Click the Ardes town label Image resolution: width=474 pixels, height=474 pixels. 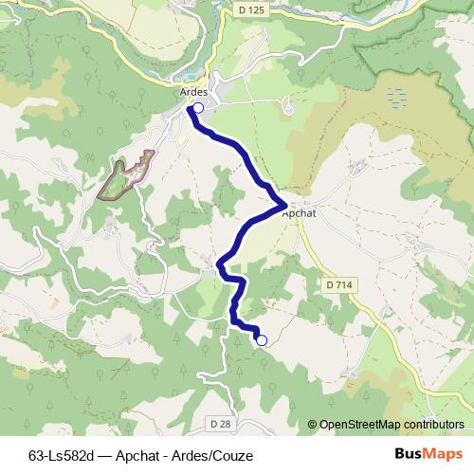(192, 92)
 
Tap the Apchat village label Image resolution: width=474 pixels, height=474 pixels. (299, 213)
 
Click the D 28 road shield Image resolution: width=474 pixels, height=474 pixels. (219, 423)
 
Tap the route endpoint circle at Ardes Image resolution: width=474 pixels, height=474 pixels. (197, 109)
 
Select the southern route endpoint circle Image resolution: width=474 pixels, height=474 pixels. (262, 340)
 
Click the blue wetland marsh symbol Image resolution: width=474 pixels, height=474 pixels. (395, 97)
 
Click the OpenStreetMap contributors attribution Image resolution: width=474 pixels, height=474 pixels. (391, 425)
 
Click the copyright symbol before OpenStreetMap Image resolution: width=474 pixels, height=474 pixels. (313, 425)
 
